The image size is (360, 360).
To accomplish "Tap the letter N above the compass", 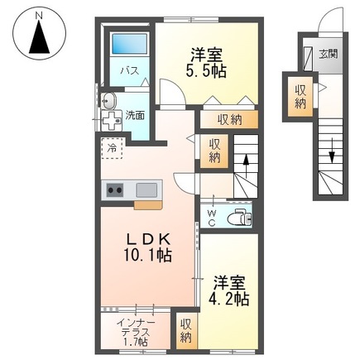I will coord(39,12).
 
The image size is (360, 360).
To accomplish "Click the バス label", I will coord(129,71).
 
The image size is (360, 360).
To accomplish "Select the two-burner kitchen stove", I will coord(113,190).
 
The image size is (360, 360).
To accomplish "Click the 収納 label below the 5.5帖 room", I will coord(229,120).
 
